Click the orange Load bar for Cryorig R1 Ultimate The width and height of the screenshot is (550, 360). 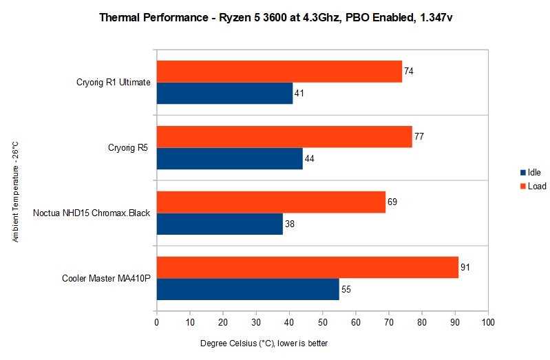[279, 72]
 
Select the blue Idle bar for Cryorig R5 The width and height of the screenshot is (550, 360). [229, 158]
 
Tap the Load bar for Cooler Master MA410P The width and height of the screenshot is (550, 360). [307, 267]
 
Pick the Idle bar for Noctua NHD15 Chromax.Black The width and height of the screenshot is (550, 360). [220, 224]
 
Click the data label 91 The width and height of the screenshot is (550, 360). [465, 267]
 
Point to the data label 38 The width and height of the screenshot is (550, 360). [290, 224]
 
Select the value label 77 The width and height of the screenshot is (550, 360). [419, 136]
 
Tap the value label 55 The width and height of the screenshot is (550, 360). [346, 289]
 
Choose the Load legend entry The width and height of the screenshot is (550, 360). [533, 186]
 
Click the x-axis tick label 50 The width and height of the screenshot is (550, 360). [322, 321]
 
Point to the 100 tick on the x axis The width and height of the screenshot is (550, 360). [487, 321]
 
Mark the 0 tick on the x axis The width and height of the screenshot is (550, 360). [157, 321]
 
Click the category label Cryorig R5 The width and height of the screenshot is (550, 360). [129, 147]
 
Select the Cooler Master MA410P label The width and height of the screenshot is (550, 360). [106, 278]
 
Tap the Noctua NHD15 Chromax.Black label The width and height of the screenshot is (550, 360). [92, 213]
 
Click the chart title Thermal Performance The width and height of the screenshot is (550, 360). [275, 16]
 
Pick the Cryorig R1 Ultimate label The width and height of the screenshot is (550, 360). [114, 83]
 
